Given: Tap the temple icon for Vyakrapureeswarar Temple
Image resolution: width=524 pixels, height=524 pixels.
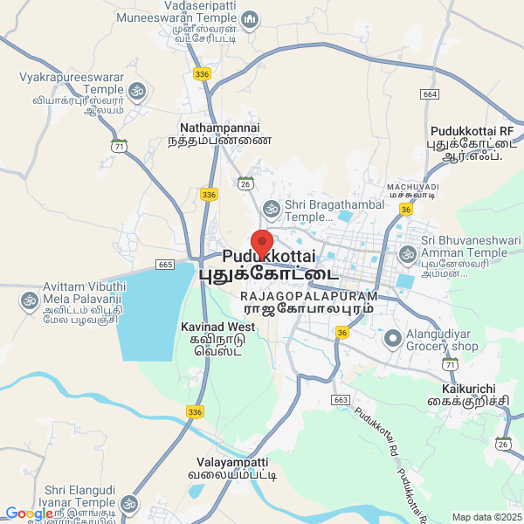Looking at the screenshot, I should (x=137, y=90).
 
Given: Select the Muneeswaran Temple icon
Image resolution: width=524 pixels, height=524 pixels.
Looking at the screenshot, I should (x=250, y=18).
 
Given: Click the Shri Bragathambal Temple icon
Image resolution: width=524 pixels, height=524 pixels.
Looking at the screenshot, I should (x=272, y=208).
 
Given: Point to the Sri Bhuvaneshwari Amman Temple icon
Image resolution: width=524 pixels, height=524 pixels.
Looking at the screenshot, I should (x=407, y=254).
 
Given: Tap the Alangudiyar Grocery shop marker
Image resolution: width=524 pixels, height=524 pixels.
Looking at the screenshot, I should (x=392, y=337).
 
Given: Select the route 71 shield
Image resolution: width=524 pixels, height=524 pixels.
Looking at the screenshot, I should (x=120, y=146).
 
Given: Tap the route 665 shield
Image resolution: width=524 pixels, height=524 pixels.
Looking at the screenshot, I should (x=166, y=264).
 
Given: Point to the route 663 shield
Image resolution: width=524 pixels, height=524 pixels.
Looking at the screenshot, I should (x=341, y=399).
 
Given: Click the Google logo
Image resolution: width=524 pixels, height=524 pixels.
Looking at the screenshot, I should (x=29, y=514).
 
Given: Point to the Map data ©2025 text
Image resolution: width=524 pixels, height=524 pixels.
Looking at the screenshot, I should (x=485, y=517).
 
